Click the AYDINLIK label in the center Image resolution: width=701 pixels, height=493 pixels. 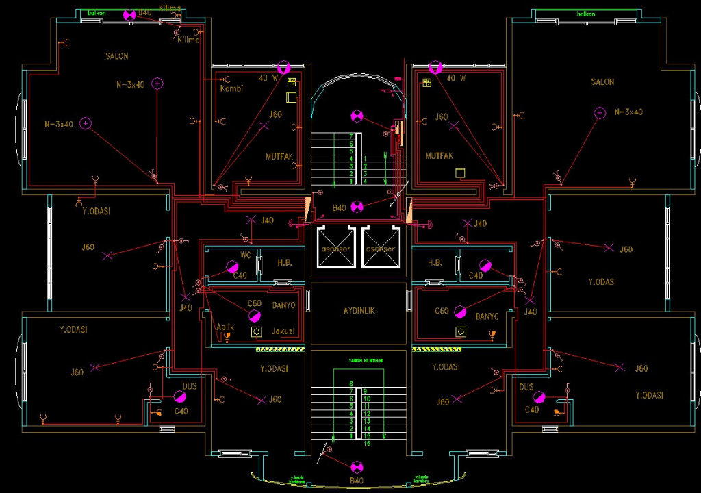pyautogui.click(x=359, y=311)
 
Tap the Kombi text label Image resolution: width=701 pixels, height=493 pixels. pyautogui.click(x=231, y=89)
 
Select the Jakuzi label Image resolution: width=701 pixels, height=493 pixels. pyautogui.click(x=283, y=331)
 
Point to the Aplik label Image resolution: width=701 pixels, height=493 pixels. pyautogui.click(x=225, y=327)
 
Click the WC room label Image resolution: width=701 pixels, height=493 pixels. pyautogui.click(x=245, y=255)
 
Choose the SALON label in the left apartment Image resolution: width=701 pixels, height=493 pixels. pyautogui.click(x=117, y=56)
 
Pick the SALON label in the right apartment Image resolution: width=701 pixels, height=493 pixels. pyautogui.click(x=602, y=82)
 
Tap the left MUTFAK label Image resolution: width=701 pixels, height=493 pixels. pyautogui.click(x=279, y=157)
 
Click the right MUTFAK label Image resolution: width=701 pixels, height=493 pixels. pyautogui.click(x=439, y=156)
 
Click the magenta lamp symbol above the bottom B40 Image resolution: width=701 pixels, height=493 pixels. pyautogui.click(x=357, y=467)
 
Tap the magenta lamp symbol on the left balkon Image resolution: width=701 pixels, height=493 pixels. pyautogui.click(x=128, y=15)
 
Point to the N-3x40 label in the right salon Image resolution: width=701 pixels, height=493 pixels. pyautogui.click(x=628, y=112)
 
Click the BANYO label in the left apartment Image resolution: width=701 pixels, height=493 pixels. pyautogui.click(x=283, y=305)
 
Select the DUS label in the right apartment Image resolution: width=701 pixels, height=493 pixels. pyautogui.click(x=526, y=388)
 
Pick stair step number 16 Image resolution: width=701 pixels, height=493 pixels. pyautogui.click(x=368, y=444)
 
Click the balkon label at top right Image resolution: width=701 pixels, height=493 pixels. pyautogui.click(x=586, y=14)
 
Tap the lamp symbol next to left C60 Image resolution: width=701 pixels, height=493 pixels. pyautogui.click(x=254, y=315)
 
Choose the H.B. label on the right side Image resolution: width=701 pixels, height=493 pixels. pyautogui.click(x=435, y=263)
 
